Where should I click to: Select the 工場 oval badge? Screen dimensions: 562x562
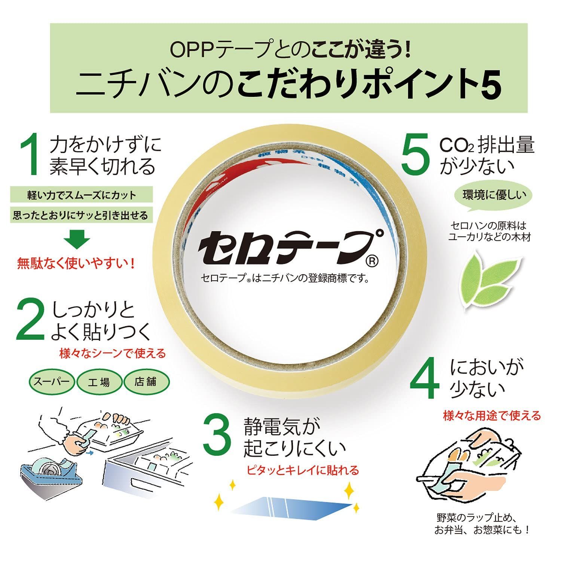pyautogui.click(x=99, y=382)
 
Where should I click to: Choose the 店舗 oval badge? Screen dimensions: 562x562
pyautogui.click(x=146, y=382)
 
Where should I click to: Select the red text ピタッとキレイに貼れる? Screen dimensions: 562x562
pyautogui.click(x=302, y=470)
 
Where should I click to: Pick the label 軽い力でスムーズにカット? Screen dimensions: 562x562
pyautogui.click(x=82, y=195)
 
